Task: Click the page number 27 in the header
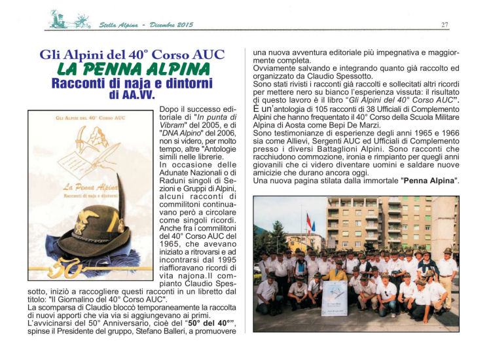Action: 445,25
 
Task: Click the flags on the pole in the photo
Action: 310,224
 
